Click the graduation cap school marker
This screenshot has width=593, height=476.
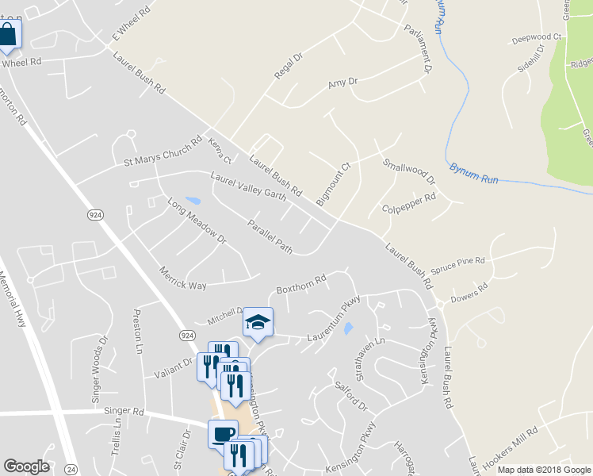[258, 322]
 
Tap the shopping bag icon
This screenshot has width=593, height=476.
[8, 34]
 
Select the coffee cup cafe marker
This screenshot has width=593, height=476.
[223, 435]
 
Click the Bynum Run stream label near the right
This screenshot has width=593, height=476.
[473, 174]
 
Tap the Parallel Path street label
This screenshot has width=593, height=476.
[270, 237]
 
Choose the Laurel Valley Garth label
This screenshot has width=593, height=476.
[247, 186]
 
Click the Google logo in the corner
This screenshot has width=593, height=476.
[26, 466]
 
